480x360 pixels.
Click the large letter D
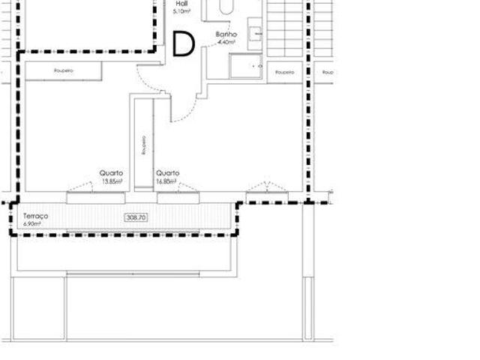[184, 44]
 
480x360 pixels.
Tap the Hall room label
[181, 4]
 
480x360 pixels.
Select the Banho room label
[226, 35]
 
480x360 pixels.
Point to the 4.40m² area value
[226, 43]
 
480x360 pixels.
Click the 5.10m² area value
[181, 12]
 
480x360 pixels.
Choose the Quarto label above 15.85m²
[111, 173]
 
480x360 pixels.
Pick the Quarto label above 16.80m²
[166, 173]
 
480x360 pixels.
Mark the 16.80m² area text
[166, 181]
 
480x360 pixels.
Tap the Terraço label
[36, 216]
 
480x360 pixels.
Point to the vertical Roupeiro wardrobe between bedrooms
[143, 145]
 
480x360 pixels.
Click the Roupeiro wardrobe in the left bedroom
[63, 70]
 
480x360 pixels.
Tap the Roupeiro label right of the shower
[283, 72]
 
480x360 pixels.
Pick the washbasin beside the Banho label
[255, 33]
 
